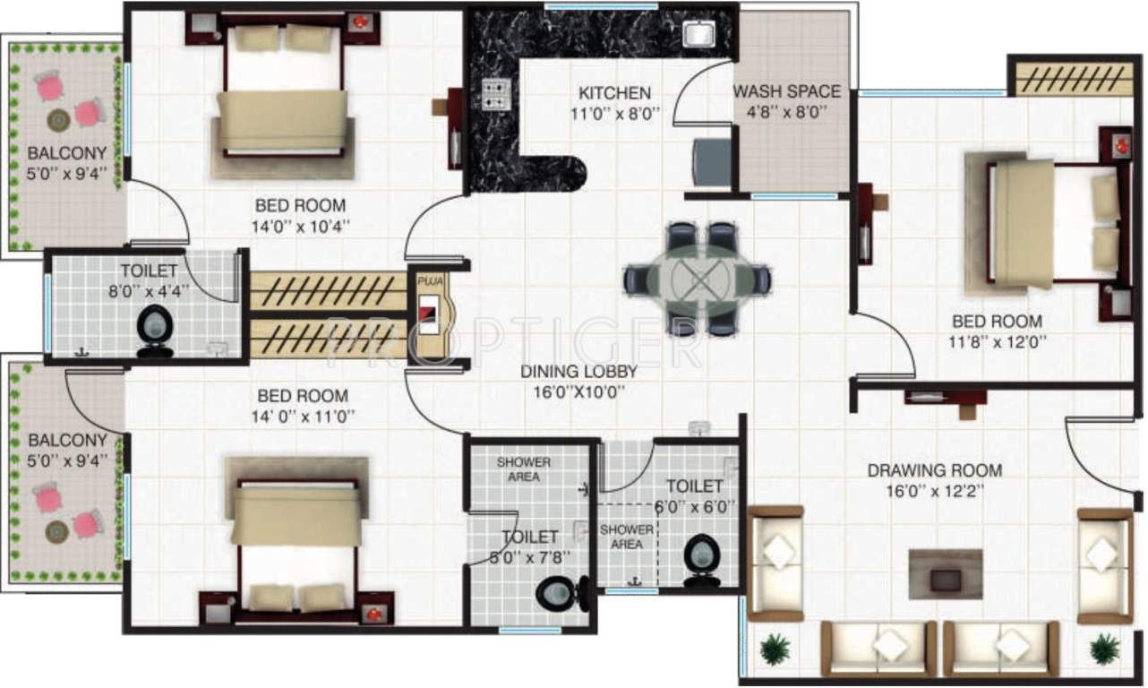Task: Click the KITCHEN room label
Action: pos(614,92)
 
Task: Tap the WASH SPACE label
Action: pos(786,91)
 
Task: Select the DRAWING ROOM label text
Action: pos(934,470)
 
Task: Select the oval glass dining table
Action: pos(698,279)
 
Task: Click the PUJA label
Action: pos(428,280)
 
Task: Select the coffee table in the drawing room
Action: pos(946,574)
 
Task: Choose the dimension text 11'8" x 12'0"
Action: pos(997,341)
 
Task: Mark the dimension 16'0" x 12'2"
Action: pos(934,490)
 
